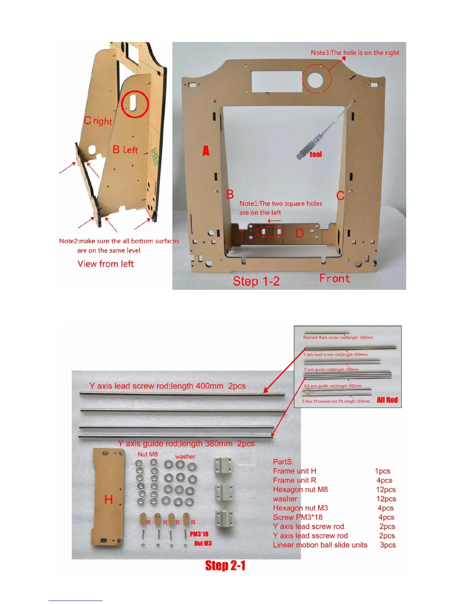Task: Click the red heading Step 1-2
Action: coord(256,281)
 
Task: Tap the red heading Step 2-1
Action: coord(225,565)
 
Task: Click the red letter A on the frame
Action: coord(206,151)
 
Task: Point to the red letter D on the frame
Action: coord(300,233)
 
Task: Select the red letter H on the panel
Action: coord(108,500)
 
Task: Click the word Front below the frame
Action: coord(335,278)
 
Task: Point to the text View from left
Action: coord(106,264)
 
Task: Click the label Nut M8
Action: coord(148,454)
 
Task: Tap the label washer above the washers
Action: coord(185,456)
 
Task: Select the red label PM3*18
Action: coord(199,534)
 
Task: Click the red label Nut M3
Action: coord(203,543)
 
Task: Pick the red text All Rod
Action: coord(387,400)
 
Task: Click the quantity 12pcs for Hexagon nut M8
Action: coord(386,490)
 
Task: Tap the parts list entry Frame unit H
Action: coord(295,471)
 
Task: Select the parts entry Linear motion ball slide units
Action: coord(320,545)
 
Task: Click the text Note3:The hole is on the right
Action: coord(355,53)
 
